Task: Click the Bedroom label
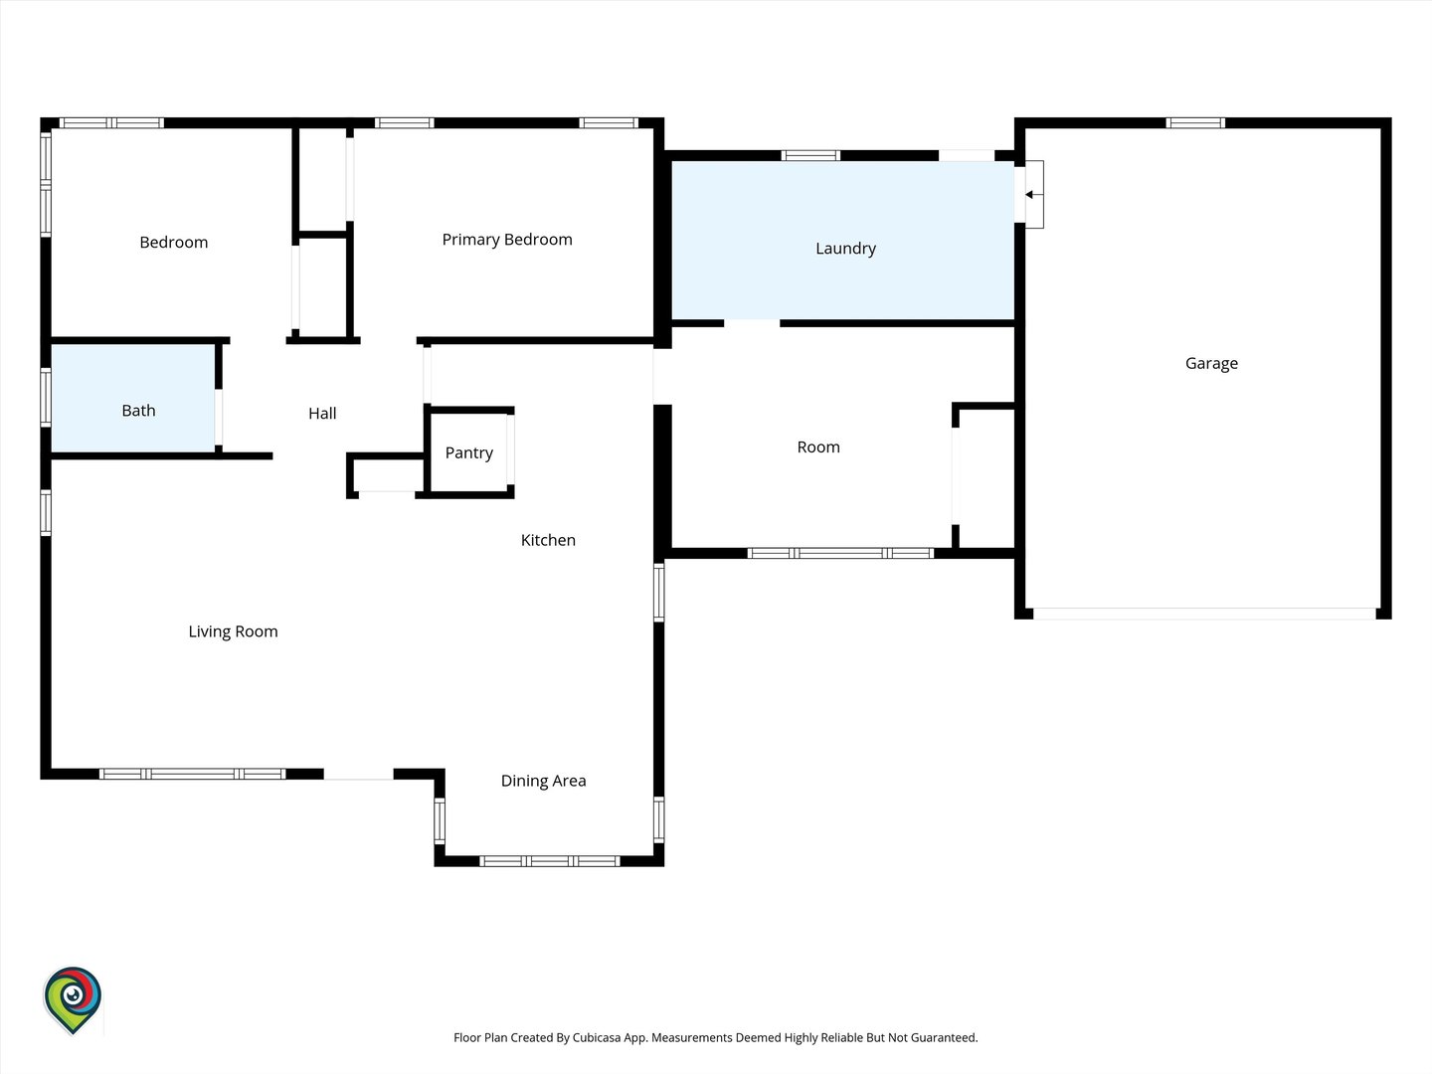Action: tap(174, 243)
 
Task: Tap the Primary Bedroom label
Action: tap(507, 240)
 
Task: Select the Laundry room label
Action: tap(845, 249)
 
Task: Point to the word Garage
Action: tap(1211, 363)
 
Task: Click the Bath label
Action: tap(138, 410)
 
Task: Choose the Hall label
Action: tap(322, 413)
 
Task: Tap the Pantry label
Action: tap(469, 453)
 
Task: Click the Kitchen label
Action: tap(548, 540)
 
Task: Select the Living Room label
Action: tap(233, 631)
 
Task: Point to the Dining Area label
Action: tap(543, 782)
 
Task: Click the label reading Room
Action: tap(818, 447)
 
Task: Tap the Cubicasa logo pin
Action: tap(73, 999)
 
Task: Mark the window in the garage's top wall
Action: tap(1195, 123)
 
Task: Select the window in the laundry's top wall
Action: tap(810, 155)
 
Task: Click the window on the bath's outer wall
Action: tap(46, 397)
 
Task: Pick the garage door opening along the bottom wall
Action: tap(1204, 614)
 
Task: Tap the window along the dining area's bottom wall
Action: tap(549, 861)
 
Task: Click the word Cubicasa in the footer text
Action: tap(597, 1037)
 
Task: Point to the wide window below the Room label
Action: tap(840, 554)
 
